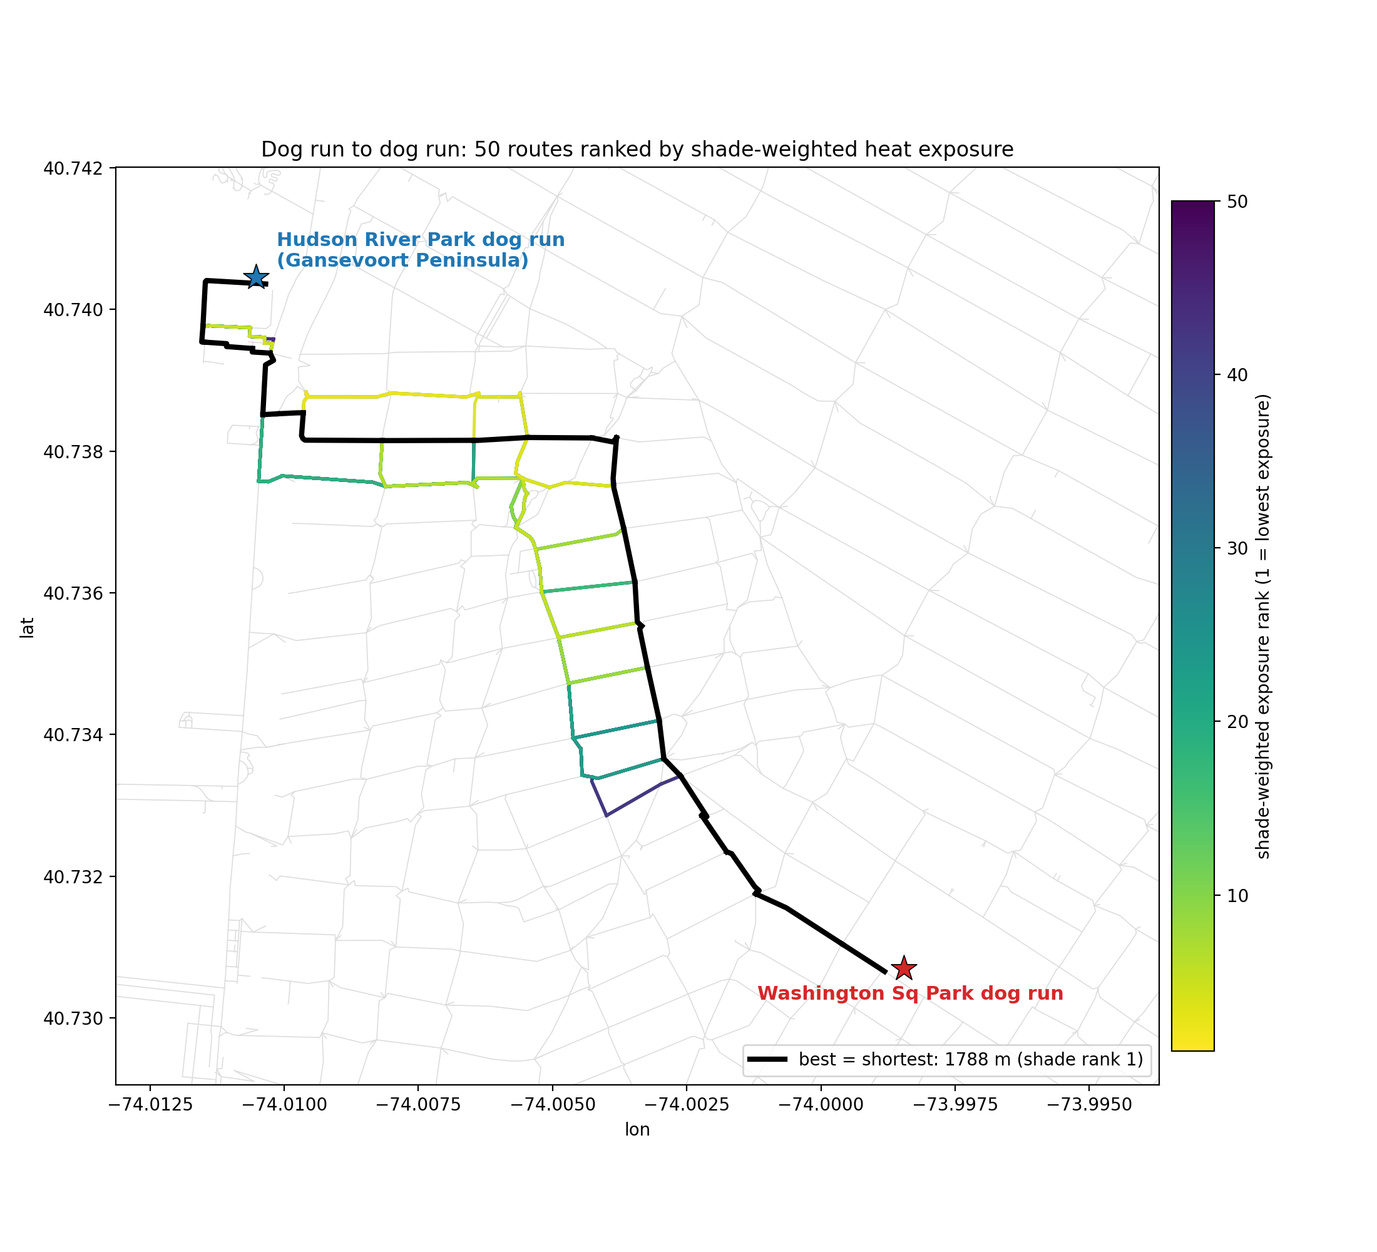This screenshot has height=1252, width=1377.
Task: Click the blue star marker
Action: click(x=256, y=277)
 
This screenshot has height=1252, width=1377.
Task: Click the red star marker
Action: click(x=904, y=968)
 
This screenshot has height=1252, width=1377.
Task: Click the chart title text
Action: click(x=637, y=150)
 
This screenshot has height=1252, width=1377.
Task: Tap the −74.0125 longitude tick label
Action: click(x=150, y=1105)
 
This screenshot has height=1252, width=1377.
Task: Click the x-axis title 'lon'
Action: click(x=637, y=1130)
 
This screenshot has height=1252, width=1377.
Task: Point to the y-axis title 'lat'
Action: click(x=27, y=628)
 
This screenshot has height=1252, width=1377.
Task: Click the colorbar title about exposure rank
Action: click(x=1263, y=627)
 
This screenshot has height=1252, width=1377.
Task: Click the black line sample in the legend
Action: click(x=769, y=1059)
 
